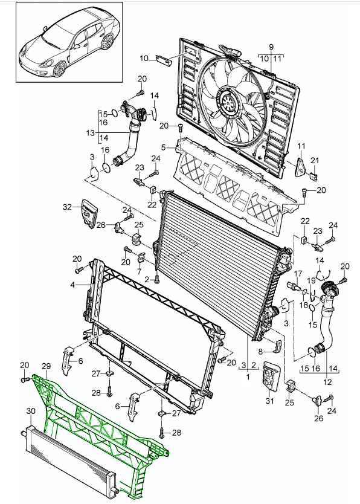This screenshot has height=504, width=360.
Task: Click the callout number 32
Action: (x=67, y=207)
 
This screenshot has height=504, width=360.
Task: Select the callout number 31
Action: (x=269, y=401)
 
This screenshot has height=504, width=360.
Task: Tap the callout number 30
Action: (x=31, y=411)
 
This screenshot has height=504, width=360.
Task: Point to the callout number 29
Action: (x=47, y=366)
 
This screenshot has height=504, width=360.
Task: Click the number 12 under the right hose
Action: (x=327, y=382)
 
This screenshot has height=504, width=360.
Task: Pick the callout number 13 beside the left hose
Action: (x=91, y=133)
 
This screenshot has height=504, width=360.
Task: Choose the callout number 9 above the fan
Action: (x=271, y=47)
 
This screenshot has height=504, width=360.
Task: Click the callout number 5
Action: (x=164, y=147)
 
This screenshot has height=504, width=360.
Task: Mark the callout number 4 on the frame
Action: (x=72, y=285)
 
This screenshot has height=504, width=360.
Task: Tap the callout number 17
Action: (x=298, y=274)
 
